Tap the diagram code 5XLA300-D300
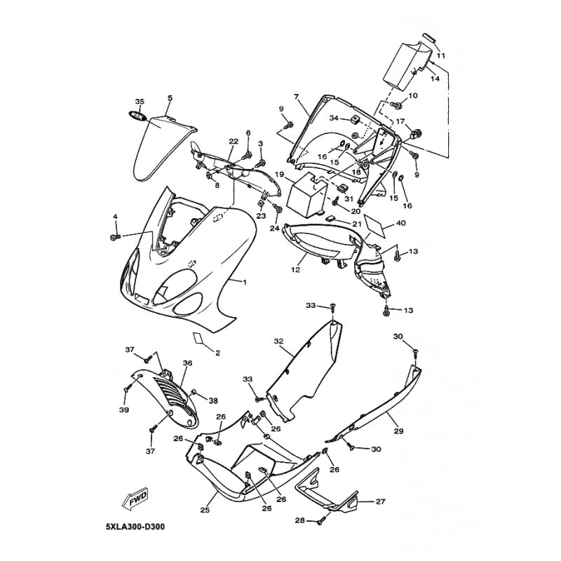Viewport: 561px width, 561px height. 135,527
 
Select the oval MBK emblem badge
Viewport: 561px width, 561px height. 137,116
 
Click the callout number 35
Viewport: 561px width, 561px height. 140,102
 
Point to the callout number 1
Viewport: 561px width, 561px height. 245,283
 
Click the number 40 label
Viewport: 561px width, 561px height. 400,223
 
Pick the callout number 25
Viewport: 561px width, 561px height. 205,510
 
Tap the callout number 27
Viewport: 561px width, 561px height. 380,501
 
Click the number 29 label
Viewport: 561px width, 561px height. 398,431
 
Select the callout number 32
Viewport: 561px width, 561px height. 278,342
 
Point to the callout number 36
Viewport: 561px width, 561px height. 187,363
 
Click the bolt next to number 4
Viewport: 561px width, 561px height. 115,237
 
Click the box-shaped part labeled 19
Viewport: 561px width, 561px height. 308,195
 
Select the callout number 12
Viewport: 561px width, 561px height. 295,269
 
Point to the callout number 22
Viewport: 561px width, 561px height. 234,142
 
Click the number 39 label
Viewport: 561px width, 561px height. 125,410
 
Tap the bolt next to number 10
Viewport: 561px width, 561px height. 396,104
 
